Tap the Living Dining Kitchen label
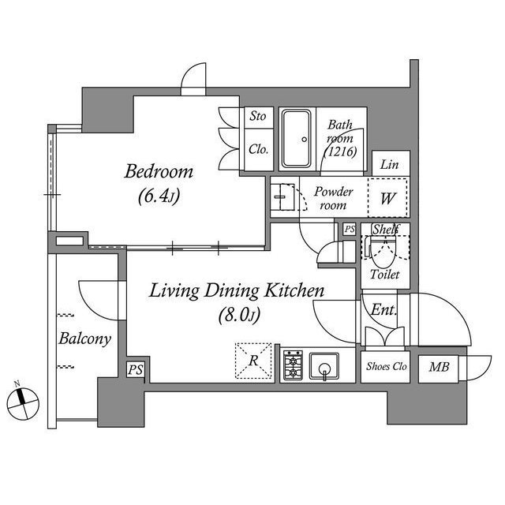coord(238,291)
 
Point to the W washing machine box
coord(387,198)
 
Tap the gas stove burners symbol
coord(294,365)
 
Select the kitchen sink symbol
coord(324,365)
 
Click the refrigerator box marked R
coord(254,361)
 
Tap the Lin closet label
coord(387,165)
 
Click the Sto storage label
coord(257,117)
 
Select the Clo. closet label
coord(257,148)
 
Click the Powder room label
coord(333,198)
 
